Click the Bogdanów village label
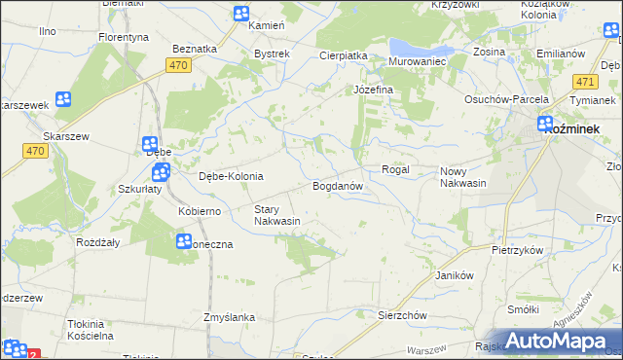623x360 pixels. click(x=338, y=185)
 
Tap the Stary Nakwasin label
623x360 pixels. click(x=276, y=215)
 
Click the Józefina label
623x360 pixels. click(x=372, y=90)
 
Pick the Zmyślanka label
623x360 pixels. click(x=229, y=317)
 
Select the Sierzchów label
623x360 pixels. click(x=403, y=315)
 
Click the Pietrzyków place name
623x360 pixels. click(x=517, y=250)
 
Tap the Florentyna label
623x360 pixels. click(x=123, y=37)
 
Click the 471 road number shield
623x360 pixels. click(x=585, y=83)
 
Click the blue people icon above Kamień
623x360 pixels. click(x=241, y=13)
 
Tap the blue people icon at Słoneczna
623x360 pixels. click(x=184, y=241)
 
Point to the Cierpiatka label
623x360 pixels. click(x=343, y=55)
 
